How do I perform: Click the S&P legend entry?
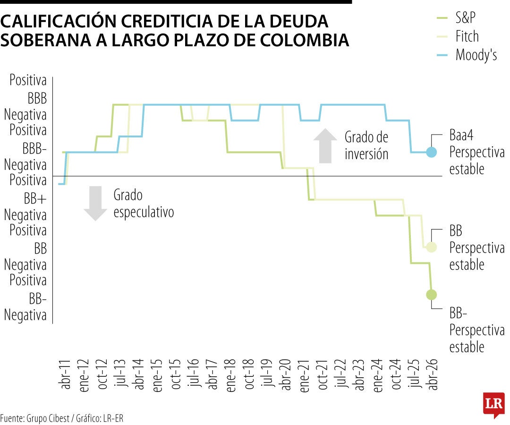(x=466, y=18)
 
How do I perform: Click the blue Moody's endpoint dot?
(x=431, y=152)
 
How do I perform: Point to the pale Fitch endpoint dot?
(x=431, y=247)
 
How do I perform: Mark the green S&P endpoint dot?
(x=431, y=295)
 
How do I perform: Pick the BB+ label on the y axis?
(x=35, y=199)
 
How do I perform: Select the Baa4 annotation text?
(x=461, y=137)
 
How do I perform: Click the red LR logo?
(x=493, y=404)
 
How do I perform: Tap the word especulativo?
(x=144, y=212)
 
